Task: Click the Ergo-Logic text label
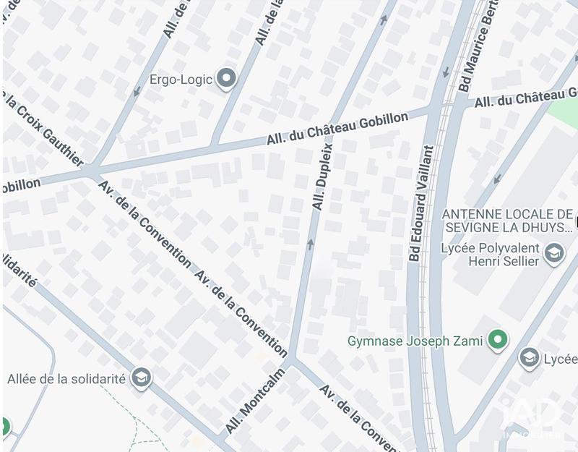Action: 181,79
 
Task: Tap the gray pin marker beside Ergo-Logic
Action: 228,79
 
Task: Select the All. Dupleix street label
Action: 322,176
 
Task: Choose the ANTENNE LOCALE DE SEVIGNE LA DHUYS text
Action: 506,221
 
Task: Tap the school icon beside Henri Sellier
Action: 554,254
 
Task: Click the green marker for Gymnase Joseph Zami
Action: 497,339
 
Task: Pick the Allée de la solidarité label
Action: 66,378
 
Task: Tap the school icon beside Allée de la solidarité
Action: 142,378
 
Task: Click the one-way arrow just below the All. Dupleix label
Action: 311,244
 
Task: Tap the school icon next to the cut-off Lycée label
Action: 530,357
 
